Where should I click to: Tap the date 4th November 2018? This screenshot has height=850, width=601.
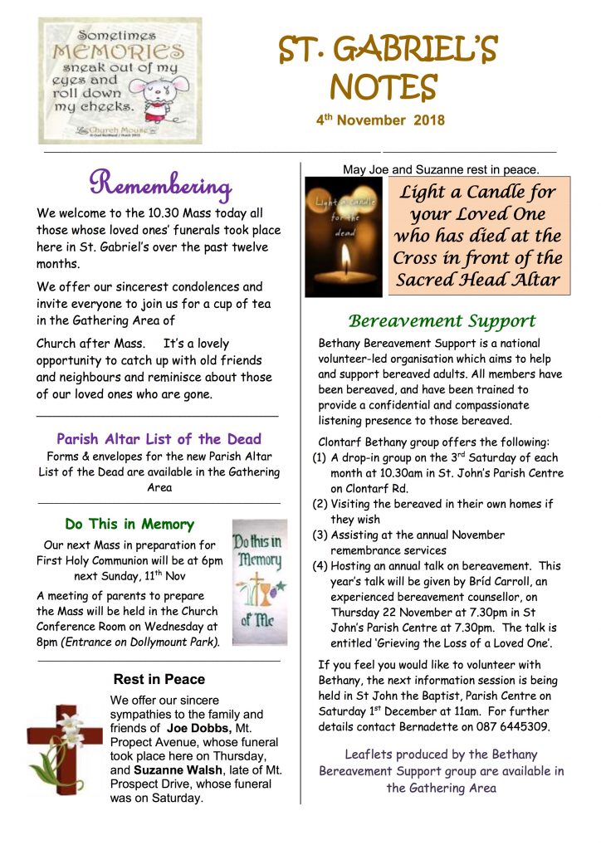coord(379,120)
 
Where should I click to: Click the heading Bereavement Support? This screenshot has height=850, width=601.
coord(442,321)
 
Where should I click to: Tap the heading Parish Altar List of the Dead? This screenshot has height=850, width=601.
coord(159,439)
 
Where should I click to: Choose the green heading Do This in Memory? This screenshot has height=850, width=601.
coord(129,525)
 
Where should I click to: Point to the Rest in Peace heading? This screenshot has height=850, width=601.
coord(159,679)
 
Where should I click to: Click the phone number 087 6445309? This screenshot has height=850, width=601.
coord(510,726)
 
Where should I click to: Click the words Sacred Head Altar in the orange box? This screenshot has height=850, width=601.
coord(479,279)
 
